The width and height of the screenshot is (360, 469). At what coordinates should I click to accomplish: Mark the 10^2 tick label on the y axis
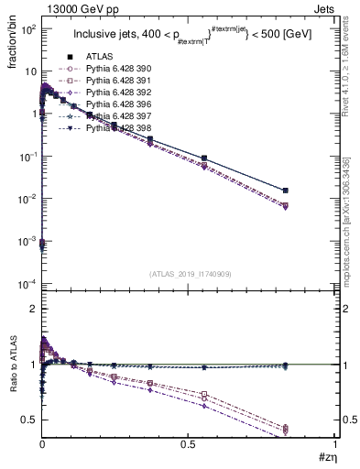[25, 29]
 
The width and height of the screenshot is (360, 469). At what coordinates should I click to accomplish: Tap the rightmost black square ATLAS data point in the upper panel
[311, 191]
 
